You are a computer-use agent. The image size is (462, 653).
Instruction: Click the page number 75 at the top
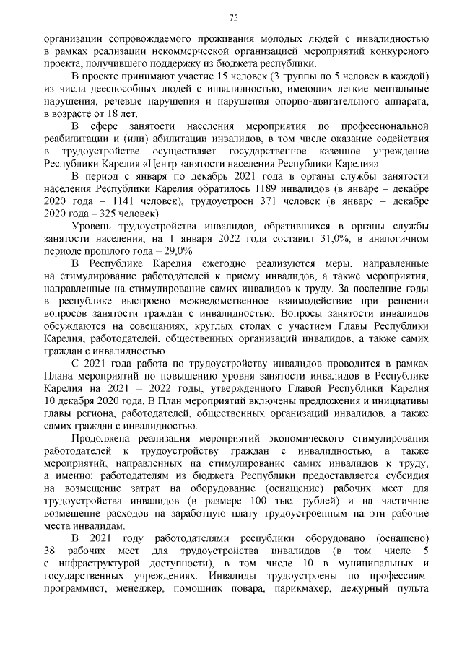(234, 17)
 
